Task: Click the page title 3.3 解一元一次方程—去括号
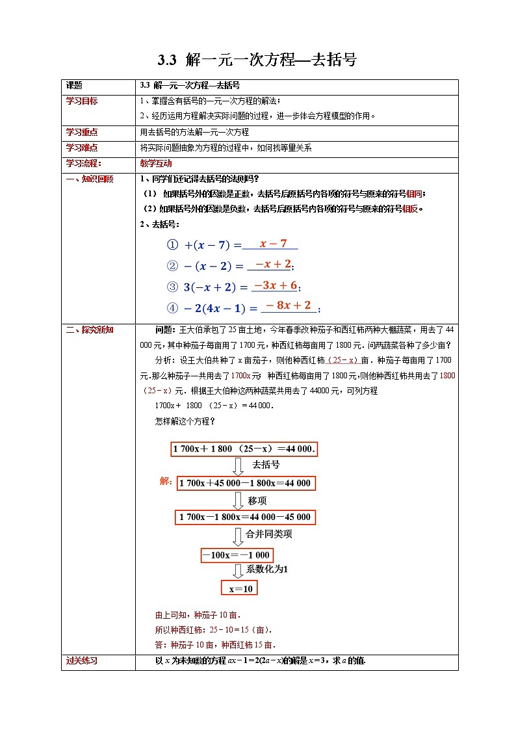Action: (x=257, y=60)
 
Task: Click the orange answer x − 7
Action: (x=273, y=244)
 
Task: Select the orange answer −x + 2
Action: (x=273, y=264)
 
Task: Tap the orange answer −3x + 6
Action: (x=275, y=285)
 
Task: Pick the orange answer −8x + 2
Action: (x=288, y=306)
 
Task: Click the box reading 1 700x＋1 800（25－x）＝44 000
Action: (x=244, y=449)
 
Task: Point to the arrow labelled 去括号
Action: (x=239, y=465)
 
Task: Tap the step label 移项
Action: (x=257, y=501)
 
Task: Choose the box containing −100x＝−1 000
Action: (x=235, y=555)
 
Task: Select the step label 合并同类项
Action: (x=269, y=534)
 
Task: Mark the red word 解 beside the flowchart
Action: (x=164, y=482)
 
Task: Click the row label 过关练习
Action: (x=82, y=660)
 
